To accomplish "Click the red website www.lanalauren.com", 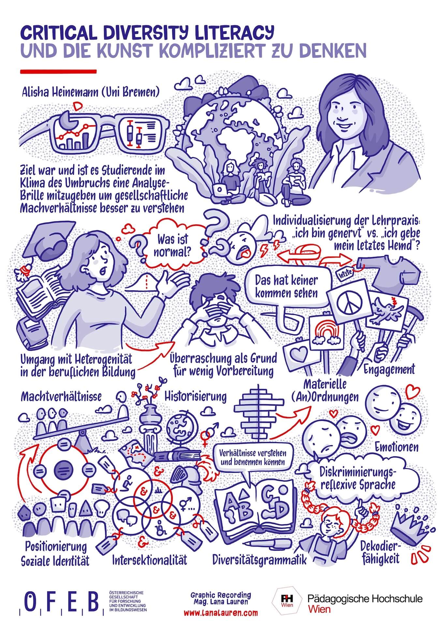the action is (x=221, y=612).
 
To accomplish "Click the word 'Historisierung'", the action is (x=195, y=396).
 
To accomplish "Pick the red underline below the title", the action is (x=59, y=71).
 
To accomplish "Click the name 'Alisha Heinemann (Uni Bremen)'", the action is (x=91, y=92).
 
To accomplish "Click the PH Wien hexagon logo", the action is (x=288, y=599).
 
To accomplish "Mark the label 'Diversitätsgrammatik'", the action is (x=259, y=559).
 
